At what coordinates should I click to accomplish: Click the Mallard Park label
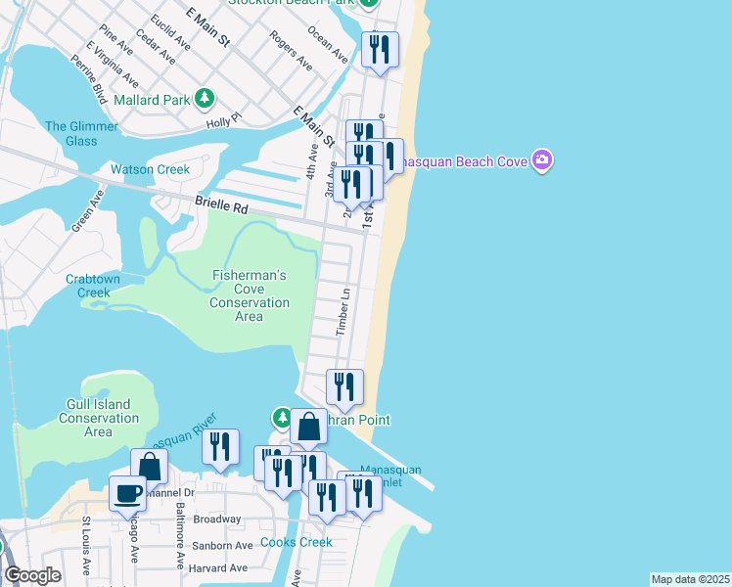tap(151, 99)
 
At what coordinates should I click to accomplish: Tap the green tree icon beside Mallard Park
tap(204, 98)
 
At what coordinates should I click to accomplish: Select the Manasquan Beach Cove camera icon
tap(542, 159)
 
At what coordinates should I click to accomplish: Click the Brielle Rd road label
tap(221, 206)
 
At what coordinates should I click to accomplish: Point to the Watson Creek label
tap(150, 169)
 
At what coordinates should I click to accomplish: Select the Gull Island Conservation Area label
tap(98, 418)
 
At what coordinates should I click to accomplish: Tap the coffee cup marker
tap(128, 492)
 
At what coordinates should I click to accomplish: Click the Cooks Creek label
tap(296, 542)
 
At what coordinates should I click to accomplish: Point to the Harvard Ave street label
tap(219, 567)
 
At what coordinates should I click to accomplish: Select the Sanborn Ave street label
tap(223, 545)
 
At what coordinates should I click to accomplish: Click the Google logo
tap(33, 575)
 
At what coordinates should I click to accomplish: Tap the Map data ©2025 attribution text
tap(691, 579)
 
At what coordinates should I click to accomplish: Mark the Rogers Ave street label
tap(291, 51)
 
